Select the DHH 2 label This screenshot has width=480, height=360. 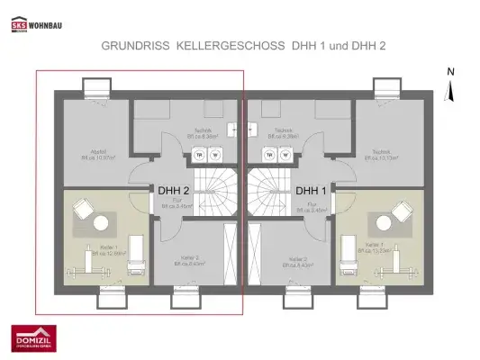(x=173, y=191)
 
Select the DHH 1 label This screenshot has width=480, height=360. (x=311, y=191)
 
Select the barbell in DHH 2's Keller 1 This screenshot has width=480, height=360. (x=78, y=270)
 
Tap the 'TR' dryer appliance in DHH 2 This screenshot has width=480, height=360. (x=199, y=154)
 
